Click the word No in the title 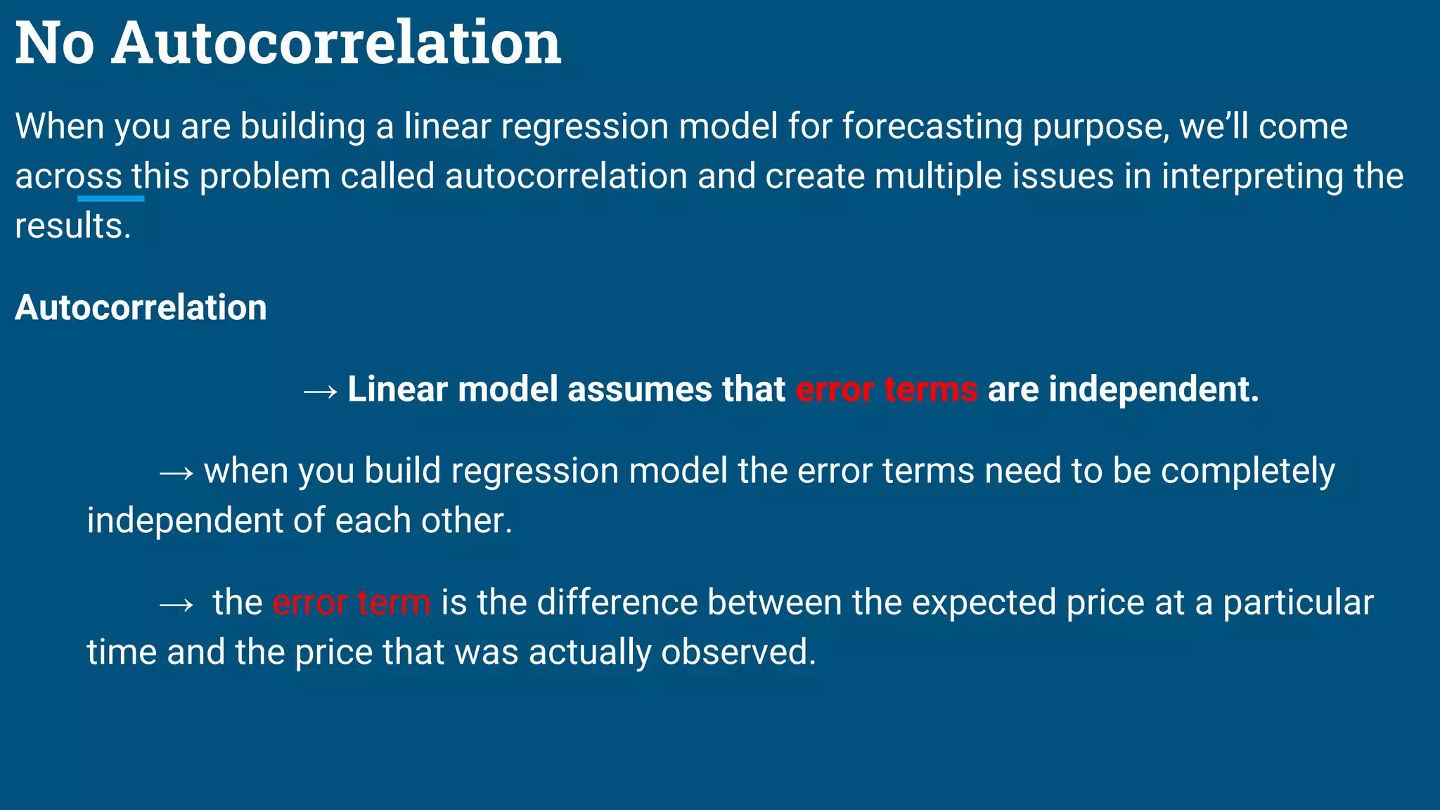tap(54, 44)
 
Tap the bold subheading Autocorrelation tap(141, 307)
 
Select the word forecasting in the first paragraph tap(932, 127)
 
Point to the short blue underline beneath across tap(111, 199)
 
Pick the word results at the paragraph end tap(72, 226)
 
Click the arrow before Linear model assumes tap(320, 391)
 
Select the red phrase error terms tap(886, 390)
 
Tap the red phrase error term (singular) tap(352, 603)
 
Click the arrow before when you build tap(176, 472)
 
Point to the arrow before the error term tap(176, 604)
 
